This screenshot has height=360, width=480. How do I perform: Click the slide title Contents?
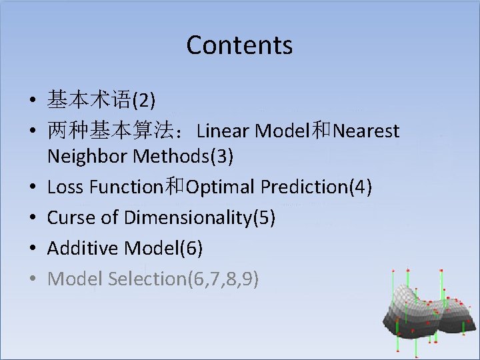pos(239,45)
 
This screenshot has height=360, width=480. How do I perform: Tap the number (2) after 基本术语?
pos(144,101)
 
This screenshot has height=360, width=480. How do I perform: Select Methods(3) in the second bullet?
pos(183,157)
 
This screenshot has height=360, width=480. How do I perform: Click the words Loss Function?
pos(105,187)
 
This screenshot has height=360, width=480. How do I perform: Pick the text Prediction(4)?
pos(316,187)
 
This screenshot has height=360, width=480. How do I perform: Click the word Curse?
pos(69,218)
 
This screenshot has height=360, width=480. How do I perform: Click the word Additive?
pos(81,249)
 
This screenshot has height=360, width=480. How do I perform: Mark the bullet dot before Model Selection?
pos(32,279)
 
